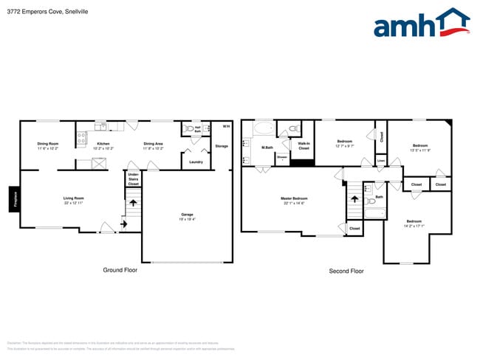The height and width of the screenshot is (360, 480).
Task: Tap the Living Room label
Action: [73, 198]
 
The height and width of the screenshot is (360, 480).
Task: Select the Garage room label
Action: [187, 214]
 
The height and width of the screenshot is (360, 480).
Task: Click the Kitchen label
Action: [103, 143]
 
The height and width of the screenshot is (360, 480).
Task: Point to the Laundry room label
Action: [196, 162]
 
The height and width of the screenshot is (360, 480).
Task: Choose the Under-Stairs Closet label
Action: [133, 179]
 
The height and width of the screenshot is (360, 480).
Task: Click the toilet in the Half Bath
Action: [191, 128]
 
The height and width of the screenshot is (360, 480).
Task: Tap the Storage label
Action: [222, 146]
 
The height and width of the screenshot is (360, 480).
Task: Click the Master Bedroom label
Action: [294, 198]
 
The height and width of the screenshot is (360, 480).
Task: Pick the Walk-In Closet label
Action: [304, 146]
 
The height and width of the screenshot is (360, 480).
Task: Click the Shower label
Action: [282, 157]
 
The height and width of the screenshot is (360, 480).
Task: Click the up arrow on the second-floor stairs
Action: [354, 198]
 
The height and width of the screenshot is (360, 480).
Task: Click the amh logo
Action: [421, 24]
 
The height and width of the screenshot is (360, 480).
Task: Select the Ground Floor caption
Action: [120, 270]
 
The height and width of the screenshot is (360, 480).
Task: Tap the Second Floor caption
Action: [346, 271]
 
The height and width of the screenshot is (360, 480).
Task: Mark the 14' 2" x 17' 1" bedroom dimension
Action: [414, 225]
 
